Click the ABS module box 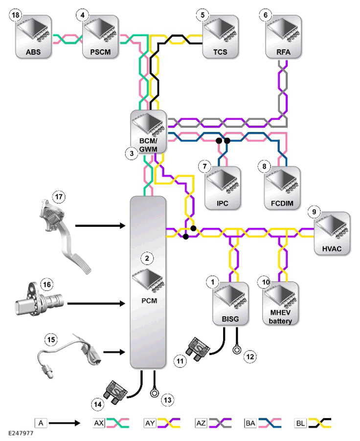pyautogui.click(x=33, y=37)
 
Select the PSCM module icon pyautogui.click(x=100, y=37)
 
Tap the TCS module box pyautogui.click(x=221, y=37)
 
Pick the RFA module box pyautogui.click(x=283, y=37)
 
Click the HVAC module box pyautogui.click(x=332, y=234)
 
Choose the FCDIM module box pyautogui.click(x=282, y=188)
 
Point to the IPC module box pyautogui.click(x=223, y=188)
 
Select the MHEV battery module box pyautogui.click(x=280, y=304)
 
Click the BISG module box pyautogui.click(x=230, y=304)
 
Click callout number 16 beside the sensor pyautogui.click(x=47, y=285)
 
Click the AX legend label pyautogui.click(x=99, y=423)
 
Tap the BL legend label pyautogui.click(x=300, y=423)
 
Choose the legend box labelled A pyautogui.click(x=41, y=423)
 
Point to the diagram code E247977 pyautogui.click(x=21, y=433)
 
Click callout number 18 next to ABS pyautogui.click(x=15, y=15)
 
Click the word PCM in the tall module pyautogui.click(x=149, y=301)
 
